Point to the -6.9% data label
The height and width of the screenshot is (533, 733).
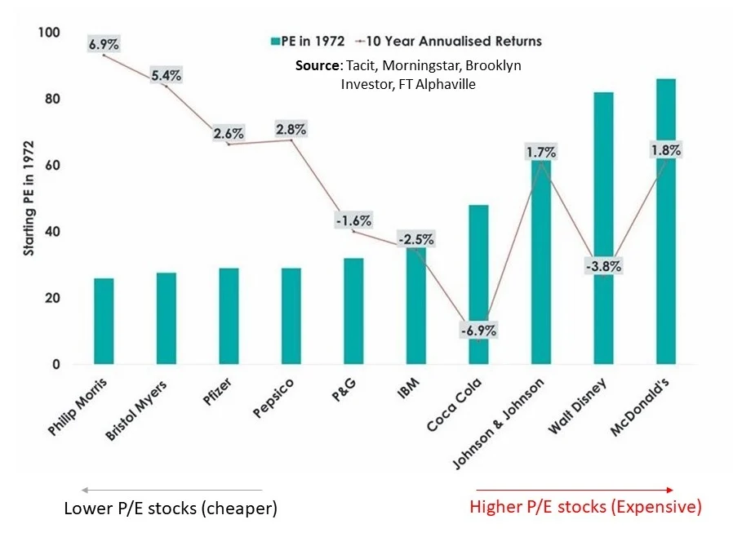tap(478, 331)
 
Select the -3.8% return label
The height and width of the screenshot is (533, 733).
tap(603, 265)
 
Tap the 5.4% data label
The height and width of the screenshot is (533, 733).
tap(167, 75)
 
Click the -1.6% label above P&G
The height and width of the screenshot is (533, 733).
tap(353, 220)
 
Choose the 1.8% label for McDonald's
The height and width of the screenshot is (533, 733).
tap(666, 150)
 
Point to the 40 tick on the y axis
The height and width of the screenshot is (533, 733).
tap(53, 232)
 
